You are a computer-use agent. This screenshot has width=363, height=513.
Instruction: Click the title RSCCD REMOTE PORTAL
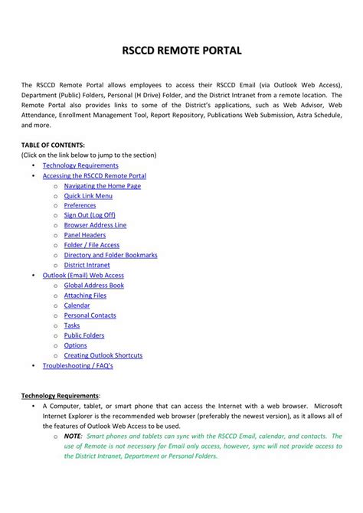point(182,51)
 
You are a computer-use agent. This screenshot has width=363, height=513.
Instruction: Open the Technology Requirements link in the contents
point(80,165)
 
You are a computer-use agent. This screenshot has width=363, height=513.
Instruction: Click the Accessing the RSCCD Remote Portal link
point(94,175)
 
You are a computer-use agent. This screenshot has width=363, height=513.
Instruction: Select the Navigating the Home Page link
point(103,185)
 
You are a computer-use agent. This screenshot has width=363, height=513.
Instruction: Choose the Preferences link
point(80,205)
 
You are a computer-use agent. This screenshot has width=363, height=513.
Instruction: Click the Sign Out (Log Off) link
point(90,215)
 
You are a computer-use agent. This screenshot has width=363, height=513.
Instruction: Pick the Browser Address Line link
point(95,225)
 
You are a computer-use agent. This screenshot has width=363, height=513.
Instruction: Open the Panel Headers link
point(84,235)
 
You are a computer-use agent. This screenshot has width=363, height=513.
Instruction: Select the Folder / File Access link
point(91,245)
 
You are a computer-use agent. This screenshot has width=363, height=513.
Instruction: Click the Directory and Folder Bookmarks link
point(110,255)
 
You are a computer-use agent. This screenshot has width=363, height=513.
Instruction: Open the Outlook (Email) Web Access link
point(83,275)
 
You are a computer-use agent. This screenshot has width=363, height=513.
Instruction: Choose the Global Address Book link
point(93,285)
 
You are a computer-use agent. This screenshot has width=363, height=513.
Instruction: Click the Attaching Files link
point(85,295)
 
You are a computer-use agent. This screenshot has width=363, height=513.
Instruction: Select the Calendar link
point(77,305)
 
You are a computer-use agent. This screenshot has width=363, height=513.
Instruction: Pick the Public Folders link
point(83,335)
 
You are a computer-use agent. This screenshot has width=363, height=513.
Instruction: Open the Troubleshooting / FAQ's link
point(77,365)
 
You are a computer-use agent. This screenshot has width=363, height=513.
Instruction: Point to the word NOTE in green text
point(74,436)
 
